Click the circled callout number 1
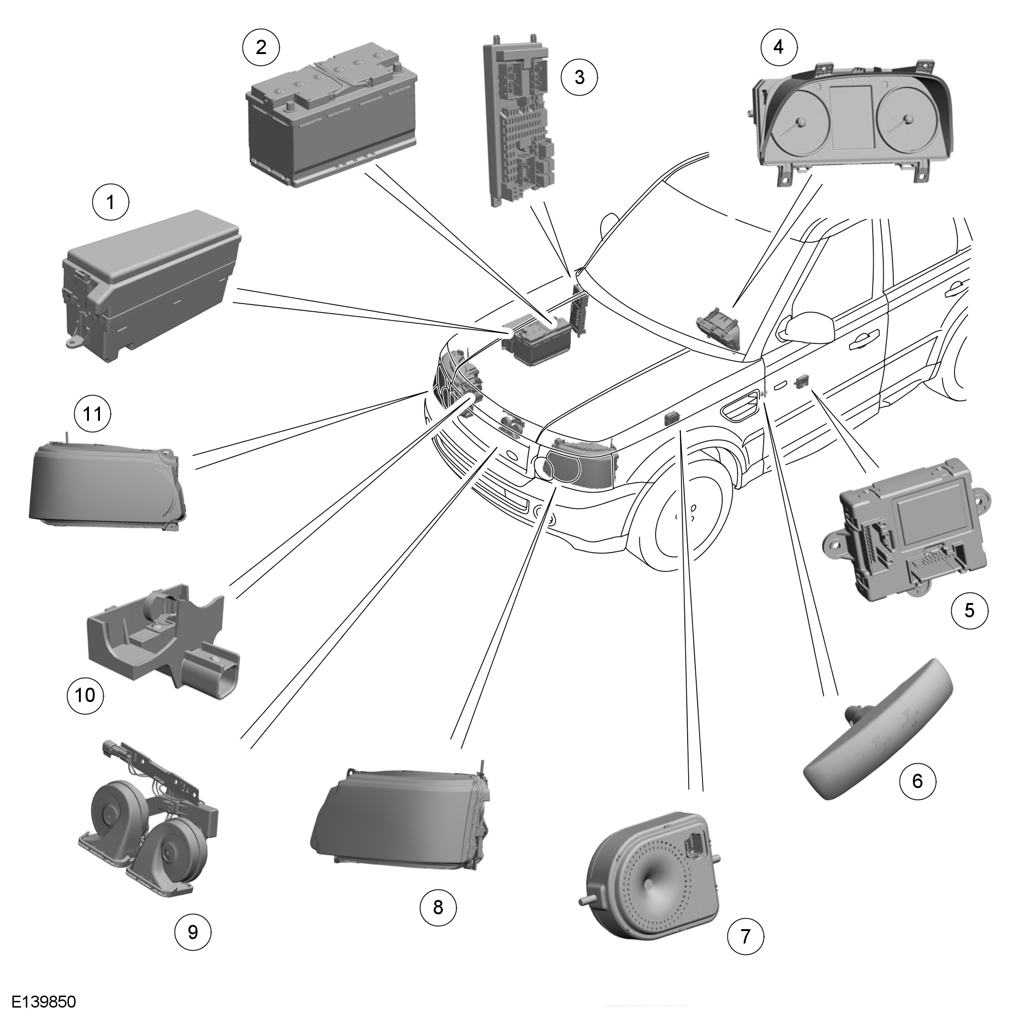(x=110, y=202)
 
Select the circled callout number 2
(x=261, y=47)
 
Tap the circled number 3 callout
(x=579, y=77)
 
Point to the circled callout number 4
(x=779, y=47)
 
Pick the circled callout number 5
(x=969, y=610)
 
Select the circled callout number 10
(x=86, y=695)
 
